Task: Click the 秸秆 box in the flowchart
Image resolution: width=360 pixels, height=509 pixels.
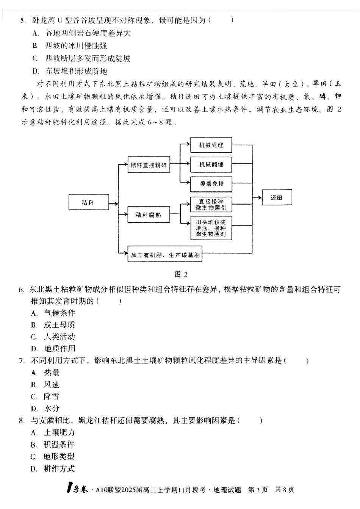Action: tap(88, 203)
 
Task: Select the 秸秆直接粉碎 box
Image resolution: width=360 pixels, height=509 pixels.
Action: tap(148, 165)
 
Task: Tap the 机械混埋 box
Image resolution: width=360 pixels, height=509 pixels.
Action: tap(211, 145)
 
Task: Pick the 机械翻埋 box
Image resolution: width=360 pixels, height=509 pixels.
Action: tap(211, 164)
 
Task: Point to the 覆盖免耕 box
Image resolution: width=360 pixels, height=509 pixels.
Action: tap(211, 184)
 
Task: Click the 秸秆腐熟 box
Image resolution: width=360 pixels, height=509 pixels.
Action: tap(148, 215)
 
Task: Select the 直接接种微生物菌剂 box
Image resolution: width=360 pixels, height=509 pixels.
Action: tap(211, 205)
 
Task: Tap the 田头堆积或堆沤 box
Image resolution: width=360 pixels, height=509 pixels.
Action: tap(211, 228)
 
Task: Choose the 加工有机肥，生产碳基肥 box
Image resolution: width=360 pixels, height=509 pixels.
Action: tap(165, 255)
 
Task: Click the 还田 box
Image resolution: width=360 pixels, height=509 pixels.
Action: tap(277, 198)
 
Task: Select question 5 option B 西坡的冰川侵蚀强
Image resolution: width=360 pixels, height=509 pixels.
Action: tap(76, 46)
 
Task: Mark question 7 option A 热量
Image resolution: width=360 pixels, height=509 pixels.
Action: tap(52, 373)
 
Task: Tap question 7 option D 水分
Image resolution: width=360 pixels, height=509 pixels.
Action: tap(52, 409)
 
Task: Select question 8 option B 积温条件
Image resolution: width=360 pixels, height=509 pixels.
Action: tap(59, 445)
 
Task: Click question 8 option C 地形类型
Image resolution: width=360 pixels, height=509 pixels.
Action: tap(59, 457)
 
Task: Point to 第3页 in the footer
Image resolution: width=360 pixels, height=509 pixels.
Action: tap(258, 490)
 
